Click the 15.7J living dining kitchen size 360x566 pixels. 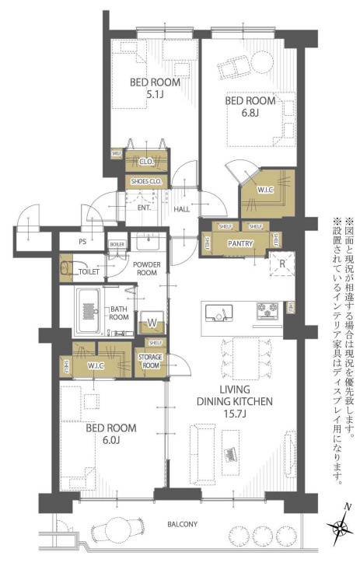234,414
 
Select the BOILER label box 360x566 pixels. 117,243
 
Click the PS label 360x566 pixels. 82,242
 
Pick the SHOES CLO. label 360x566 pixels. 145,182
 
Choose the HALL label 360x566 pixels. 181,208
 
